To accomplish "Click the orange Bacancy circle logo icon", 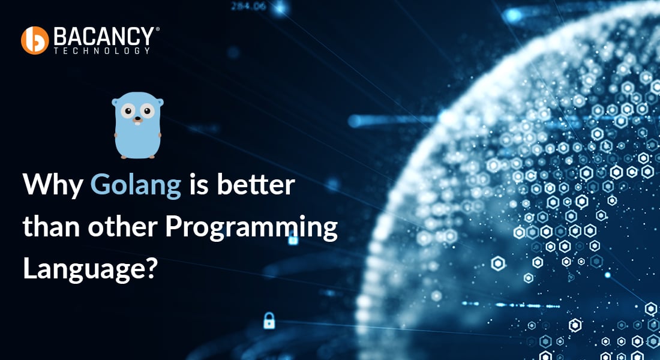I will pyautogui.click(x=34, y=40).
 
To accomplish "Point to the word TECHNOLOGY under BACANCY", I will pyautogui.click(x=102, y=51).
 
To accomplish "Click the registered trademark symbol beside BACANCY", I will pyautogui.click(x=157, y=29).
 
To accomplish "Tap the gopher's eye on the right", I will pyautogui.click(x=147, y=112).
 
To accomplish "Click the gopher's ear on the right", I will pyautogui.click(x=159, y=101).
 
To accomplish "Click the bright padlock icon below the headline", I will pyautogui.click(x=269, y=320).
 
